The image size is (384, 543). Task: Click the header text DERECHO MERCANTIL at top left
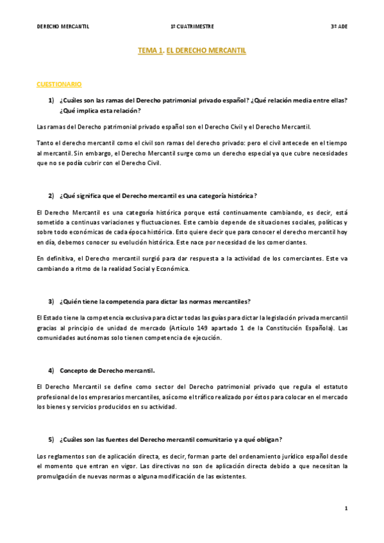click(x=63, y=26)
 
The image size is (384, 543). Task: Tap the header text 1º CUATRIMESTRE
click(x=192, y=26)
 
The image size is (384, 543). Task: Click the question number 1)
click(x=51, y=101)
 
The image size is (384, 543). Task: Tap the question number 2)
click(x=51, y=195)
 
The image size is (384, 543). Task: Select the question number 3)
click(x=51, y=301)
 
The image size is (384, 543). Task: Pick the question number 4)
click(x=51, y=370)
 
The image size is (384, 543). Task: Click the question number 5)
click(x=51, y=439)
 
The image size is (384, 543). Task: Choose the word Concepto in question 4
click(x=74, y=370)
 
